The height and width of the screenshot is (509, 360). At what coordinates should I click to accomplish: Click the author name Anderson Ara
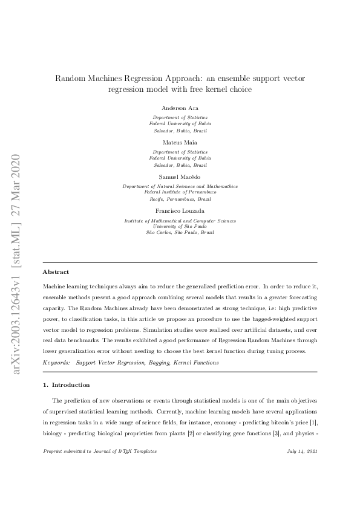click(x=180, y=108)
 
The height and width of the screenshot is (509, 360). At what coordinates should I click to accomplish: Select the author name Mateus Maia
click(x=180, y=143)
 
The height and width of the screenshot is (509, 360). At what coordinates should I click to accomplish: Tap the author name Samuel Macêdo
click(x=180, y=177)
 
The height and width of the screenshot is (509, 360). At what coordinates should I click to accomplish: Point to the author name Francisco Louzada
click(x=180, y=211)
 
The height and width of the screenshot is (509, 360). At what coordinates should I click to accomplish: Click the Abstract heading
click(x=56, y=272)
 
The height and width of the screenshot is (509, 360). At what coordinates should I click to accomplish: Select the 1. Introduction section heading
click(x=67, y=384)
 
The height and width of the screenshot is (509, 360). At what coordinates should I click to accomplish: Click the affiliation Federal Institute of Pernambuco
click(x=180, y=192)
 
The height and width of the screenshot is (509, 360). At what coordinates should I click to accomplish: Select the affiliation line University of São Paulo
click(x=180, y=227)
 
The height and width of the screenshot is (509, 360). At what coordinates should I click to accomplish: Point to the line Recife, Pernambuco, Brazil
click(x=180, y=198)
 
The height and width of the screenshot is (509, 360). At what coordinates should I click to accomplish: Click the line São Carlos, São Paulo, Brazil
click(x=180, y=232)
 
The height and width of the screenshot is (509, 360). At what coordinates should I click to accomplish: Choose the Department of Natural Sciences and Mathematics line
click(x=180, y=187)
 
